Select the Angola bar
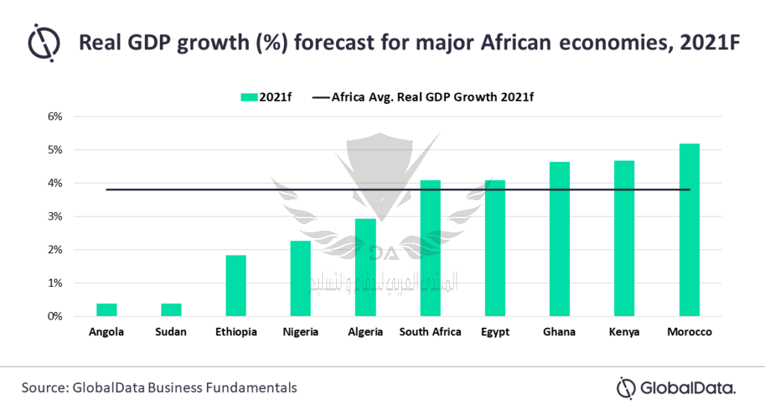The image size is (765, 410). (106, 310)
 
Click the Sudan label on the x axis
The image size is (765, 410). (171, 332)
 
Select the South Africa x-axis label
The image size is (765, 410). (430, 332)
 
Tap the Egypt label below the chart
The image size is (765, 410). (495, 332)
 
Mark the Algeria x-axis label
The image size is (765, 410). (365, 332)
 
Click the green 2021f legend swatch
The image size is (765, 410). (248, 97)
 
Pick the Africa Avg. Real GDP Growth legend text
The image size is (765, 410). (433, 97)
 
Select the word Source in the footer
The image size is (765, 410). (44, 388)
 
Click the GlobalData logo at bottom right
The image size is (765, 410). (675, 388)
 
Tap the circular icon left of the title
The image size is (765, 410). (45, 43)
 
